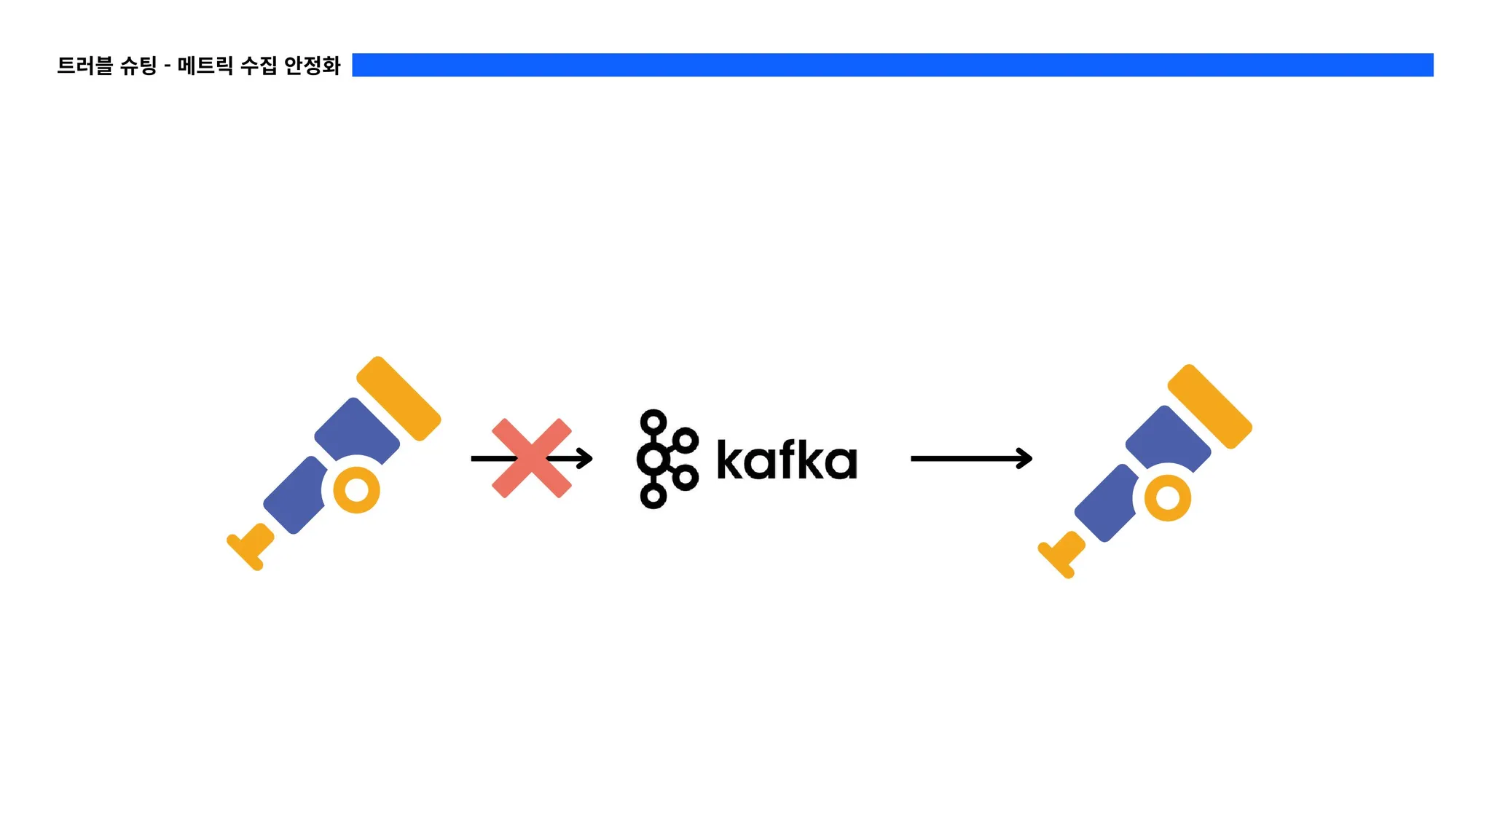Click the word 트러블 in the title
pos(85,66)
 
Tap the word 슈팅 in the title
pos(138,66)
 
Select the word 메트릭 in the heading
pos(205,66)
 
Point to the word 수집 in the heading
pos(259,66)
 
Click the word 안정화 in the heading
pos(313,66)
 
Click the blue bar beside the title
pos(892,65)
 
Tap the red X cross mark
pos(532,458)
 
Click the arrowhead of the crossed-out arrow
pos(586,458)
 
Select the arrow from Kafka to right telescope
pos(971,458)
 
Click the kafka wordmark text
pos(787,460)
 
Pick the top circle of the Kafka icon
pos(653,422)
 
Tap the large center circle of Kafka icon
pos(653,459)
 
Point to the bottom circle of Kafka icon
pos(653,496)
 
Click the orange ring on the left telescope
pos(356,490)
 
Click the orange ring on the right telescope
pos(1168,498)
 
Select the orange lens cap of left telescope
pos(398,398)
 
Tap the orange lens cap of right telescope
pos(1210,406)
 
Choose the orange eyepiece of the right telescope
pos(1061,555)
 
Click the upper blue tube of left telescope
pos(357,430)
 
